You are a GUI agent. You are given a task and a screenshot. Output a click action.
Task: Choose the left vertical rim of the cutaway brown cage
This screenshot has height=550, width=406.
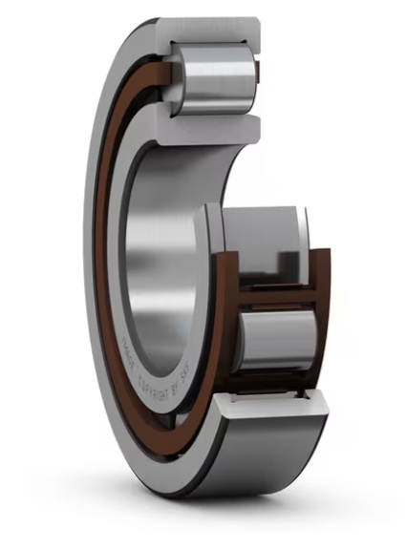coord(227,315)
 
